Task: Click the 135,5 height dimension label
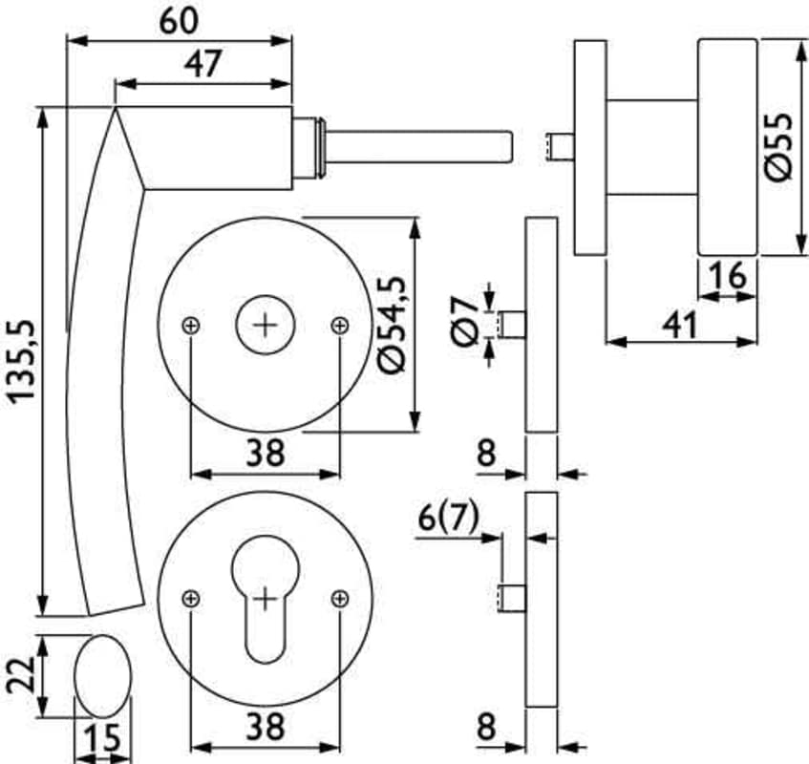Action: tap(22, 361)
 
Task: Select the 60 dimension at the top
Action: tap(179, 21)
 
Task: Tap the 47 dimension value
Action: tap(202, 63)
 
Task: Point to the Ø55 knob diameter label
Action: tap(778, 147)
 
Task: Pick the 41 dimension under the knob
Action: tap(680, 326)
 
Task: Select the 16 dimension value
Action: tap(727, 275)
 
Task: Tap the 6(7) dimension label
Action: tap(448, 518)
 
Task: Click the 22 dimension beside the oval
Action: tap(21, 675)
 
